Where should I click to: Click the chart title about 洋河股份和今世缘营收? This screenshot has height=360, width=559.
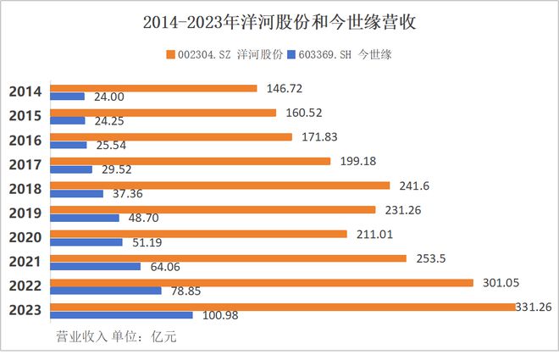279,22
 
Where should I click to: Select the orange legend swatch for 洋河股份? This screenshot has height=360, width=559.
171,54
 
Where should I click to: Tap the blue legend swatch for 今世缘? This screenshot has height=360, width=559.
291,54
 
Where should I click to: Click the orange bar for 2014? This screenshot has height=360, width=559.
153,88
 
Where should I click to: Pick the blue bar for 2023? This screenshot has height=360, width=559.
122,315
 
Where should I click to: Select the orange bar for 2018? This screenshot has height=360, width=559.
220,186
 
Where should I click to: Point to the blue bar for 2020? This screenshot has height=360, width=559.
86,242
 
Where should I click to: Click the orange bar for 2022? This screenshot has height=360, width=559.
262,283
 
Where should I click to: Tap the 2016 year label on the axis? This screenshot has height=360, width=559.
25,141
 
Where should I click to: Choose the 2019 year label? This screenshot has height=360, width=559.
25,213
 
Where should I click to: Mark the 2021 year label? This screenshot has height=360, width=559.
25,262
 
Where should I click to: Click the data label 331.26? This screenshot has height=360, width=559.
534,307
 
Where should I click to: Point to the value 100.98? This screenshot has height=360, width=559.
220,315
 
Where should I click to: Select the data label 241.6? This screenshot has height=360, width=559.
414,186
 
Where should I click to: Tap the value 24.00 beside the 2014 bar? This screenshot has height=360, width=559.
109,97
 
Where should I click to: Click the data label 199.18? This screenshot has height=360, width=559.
358,161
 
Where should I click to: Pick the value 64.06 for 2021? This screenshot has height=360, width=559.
165,267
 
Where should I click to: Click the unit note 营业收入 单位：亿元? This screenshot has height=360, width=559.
116,336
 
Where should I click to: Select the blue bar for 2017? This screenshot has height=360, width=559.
71,169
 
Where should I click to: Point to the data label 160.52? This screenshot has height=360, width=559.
304,113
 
